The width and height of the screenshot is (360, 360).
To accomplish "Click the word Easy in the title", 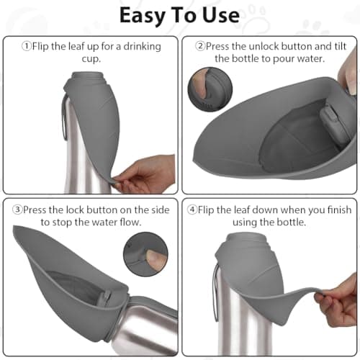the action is click(143, 16).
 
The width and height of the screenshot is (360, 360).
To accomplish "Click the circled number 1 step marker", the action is click(27, 46).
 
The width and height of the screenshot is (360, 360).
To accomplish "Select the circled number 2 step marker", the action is click(200, 46).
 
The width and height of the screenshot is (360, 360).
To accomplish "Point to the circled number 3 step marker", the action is click(17, 210).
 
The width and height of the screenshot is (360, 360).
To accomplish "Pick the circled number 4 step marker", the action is click(192, 210).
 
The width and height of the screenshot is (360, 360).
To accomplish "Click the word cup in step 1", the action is click(90, 59).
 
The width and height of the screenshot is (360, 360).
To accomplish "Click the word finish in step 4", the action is click(339, 210).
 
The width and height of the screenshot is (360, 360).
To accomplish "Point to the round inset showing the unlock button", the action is click(210, 89).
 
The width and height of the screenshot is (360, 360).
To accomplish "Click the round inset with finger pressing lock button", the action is click(145, 254).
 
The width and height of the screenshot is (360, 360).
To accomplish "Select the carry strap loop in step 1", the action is click(64, 117).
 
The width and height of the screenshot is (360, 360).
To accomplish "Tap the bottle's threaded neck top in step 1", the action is click(89, 77).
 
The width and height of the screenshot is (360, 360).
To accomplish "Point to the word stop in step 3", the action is click(62, 222).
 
